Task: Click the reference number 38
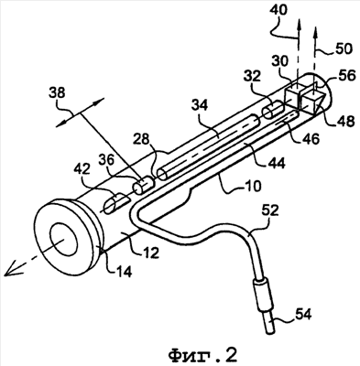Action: point(57,93)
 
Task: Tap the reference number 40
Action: point(278,10)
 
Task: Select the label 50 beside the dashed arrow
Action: point(344,49)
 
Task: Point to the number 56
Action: point(347,75)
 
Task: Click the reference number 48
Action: point(346,121)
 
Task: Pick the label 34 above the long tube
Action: point(200,105)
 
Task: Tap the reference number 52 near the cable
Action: point(270,210)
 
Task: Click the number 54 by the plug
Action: point(302,314)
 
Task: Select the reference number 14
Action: point(123,271)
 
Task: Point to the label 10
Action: point(253,186)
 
